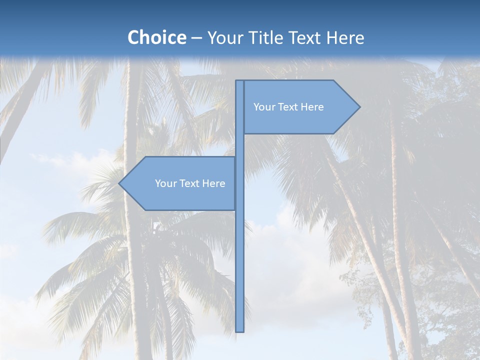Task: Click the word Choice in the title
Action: click(x=156, y=38)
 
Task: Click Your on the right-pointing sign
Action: click(x=264, y=107)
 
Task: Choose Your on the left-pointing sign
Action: click(x=165, y=183)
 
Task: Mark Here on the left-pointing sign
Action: click(x=214, y=183)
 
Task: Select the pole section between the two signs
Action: click(x=240, y=145)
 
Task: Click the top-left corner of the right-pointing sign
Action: click(x=244, y=80)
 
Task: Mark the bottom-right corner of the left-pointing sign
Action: click(x=234, y=209)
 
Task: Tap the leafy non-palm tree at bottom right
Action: click(x=440, y=310)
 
